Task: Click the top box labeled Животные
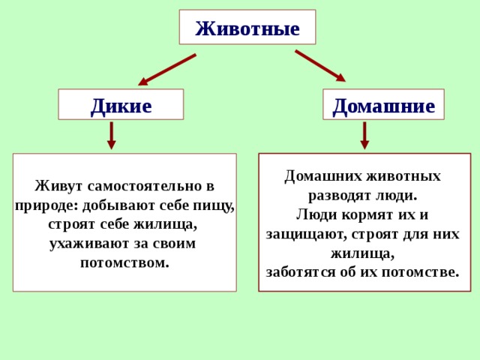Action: [247, 28]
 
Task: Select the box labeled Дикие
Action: [121, 105]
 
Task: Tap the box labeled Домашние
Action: [383, 105]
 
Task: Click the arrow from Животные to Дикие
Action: [167, 69]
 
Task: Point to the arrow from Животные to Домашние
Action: [320, 66]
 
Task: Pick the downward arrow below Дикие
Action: [111, 136]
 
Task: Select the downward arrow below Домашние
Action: [364, 136]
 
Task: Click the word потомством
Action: [124, 263]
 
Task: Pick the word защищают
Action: [303, 234]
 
